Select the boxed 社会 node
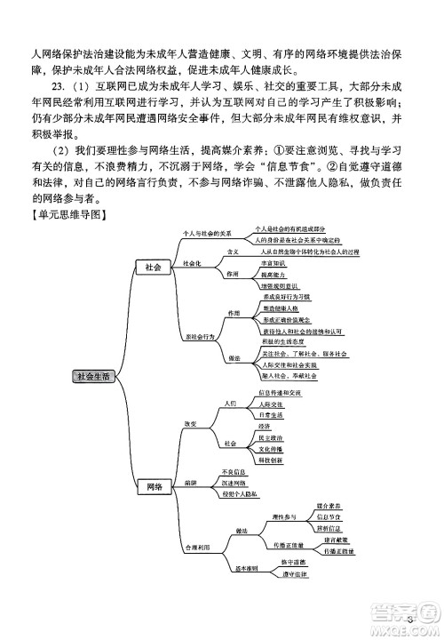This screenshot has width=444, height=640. [x=152, y=268]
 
